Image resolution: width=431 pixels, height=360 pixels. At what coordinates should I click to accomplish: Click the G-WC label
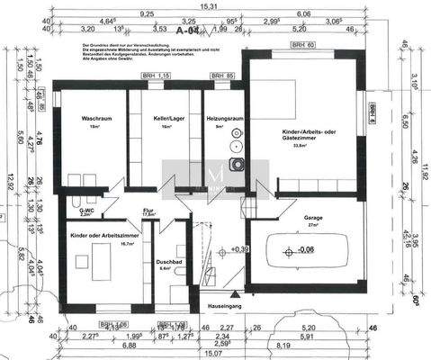point(85,210)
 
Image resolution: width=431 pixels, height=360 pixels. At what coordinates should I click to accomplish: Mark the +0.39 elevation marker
point(239,248)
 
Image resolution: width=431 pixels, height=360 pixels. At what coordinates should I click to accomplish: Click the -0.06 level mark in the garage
point(306,250)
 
